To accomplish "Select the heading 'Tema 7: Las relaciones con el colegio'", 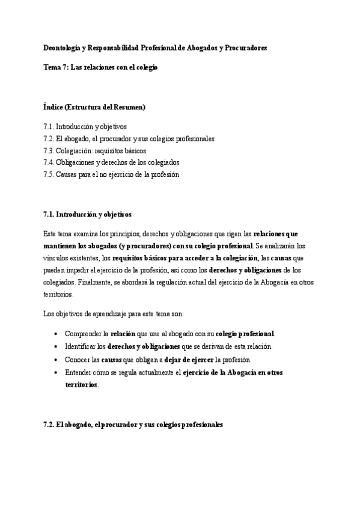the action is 100,68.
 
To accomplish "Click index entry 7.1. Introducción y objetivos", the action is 85,127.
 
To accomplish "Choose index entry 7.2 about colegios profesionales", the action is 129,139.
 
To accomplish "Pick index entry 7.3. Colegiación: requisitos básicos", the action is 94,150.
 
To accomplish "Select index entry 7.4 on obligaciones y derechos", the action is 111,162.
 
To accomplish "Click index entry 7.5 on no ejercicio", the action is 111,174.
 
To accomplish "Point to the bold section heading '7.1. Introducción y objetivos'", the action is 87,214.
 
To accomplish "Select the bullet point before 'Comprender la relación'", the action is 56,334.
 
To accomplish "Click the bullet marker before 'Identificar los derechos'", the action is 56,347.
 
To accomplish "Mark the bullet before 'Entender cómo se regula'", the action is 56,373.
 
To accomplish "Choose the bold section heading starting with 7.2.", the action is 133,424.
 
